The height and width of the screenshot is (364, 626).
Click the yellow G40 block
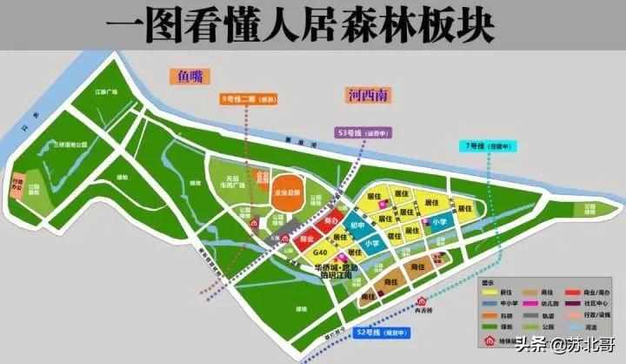319,253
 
